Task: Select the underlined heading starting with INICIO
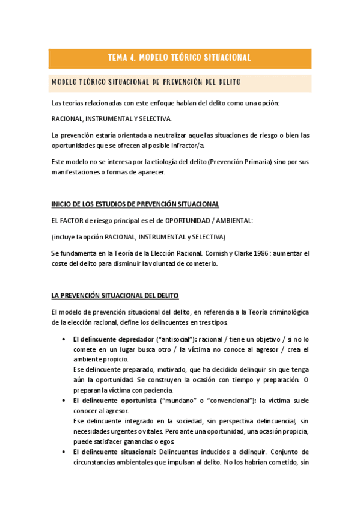[135, 204]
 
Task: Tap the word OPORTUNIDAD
[186, 221]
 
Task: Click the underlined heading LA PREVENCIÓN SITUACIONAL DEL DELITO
[115, 296]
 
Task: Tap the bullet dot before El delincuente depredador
[64, 339]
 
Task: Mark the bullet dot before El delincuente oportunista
[64, 399]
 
